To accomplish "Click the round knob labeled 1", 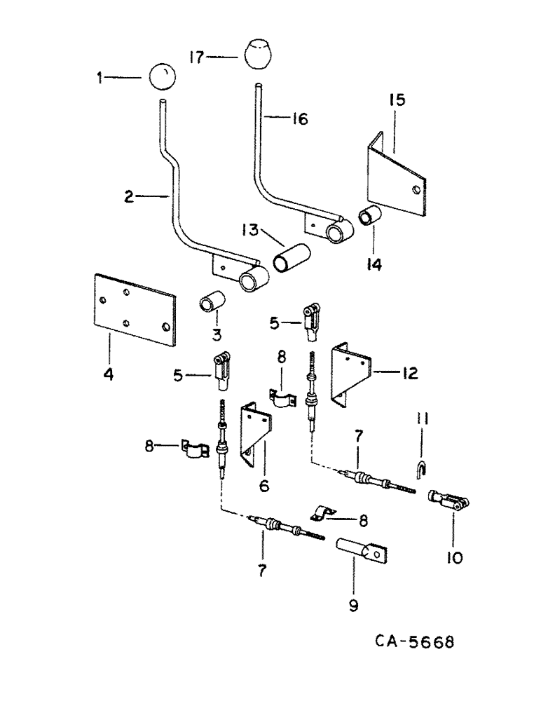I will (161, 76).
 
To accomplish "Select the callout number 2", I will (128, 198).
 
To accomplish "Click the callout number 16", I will (299, 121).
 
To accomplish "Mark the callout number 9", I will (353, 605).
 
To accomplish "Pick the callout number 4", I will (109, 375).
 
